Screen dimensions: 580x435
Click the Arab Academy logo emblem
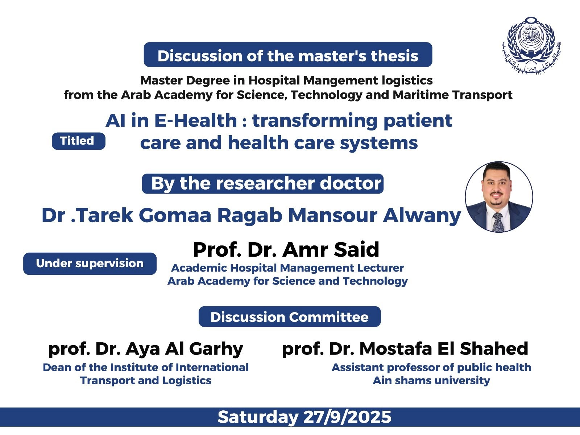(x=531, y=45)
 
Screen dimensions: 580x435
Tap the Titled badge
(x=78, y=141)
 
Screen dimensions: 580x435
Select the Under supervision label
(x=90, y=264)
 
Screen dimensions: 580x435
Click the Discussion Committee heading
(x=290, y=317)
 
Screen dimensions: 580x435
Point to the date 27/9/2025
(x=348, y=417)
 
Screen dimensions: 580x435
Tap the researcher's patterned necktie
(x=498, y=222)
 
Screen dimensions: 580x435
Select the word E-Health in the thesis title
(x=195, y=121)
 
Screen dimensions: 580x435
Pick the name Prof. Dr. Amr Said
(x=286, y=249)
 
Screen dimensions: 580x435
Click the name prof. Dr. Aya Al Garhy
(x=146, y=349)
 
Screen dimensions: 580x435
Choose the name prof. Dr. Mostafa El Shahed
(x=405, y=349)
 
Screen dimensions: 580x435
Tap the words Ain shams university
(x=431, y=381)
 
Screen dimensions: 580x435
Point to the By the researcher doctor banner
(x=263, y=183)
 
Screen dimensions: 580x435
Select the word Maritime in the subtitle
(x=420, y=95)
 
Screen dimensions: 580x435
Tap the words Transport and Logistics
(x=146, y=381)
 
